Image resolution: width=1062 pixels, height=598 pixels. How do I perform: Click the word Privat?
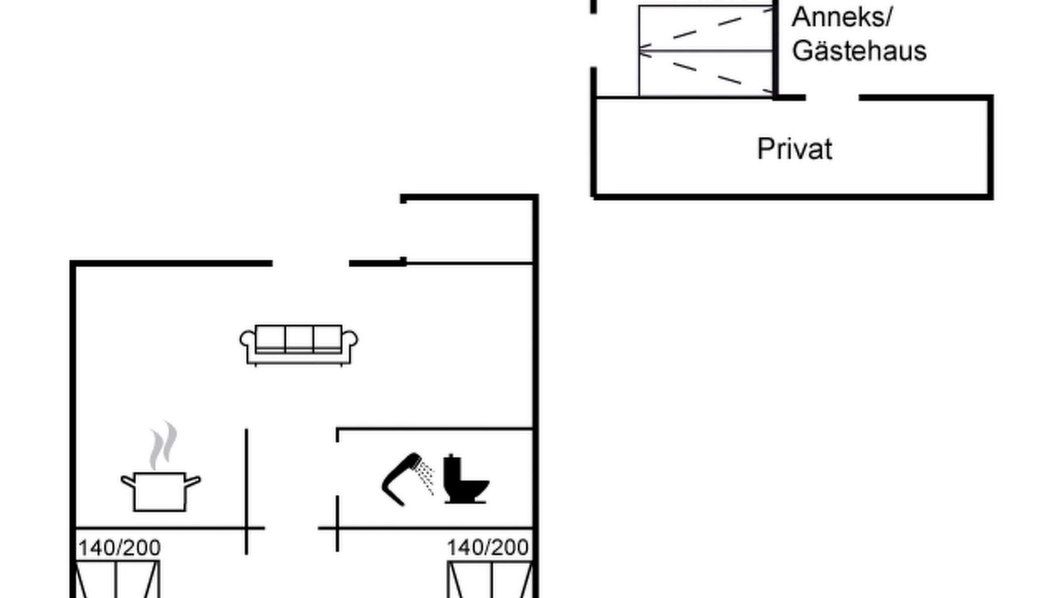[x=795, y=149]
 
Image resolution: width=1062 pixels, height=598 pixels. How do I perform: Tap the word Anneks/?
[x=842, y=17]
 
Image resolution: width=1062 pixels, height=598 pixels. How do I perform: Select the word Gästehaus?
[x=859, y=51]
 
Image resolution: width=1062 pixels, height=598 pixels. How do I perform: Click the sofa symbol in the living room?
[x=299, y=345]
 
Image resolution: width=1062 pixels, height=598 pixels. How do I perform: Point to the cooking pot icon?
[x=160, y=492]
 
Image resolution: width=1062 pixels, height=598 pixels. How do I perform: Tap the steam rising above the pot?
[x=163, y=445]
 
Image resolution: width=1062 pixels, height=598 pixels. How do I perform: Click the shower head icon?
[x=402, y=479]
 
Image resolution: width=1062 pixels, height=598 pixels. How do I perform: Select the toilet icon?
[x=465, y=478]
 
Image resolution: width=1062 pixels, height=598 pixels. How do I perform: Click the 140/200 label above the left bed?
[x=119, y=548]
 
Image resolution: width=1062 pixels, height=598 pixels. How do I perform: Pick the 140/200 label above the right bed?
[x=488, y=547]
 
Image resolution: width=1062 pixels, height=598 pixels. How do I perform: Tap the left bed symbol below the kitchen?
[x=117, y=579]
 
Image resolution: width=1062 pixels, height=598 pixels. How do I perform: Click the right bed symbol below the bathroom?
[x=490, y=579]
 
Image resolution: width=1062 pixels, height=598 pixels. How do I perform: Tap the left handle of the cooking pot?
[x=128, y=482]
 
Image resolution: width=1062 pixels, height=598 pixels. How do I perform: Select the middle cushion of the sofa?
[x=299, y=338]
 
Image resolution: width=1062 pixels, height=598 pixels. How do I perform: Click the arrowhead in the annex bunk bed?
[x=645, y=51]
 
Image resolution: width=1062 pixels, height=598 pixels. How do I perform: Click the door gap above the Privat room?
[x=832, y=98]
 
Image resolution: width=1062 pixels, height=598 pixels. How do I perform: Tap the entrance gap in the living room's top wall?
[x=310, y=263]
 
